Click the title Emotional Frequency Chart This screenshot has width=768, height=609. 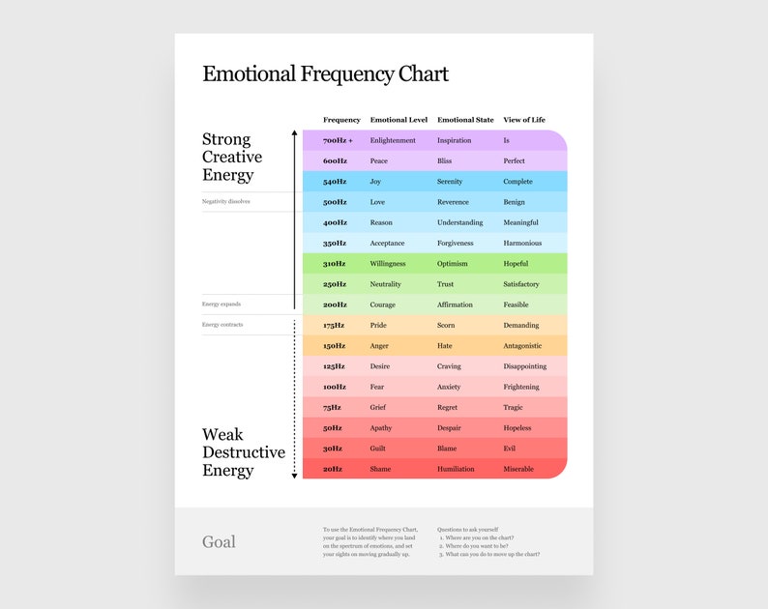point(325,74)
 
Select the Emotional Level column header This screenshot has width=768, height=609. point(399,120)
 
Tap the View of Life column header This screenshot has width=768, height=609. point(524,120)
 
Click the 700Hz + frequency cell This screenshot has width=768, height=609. point(338,140)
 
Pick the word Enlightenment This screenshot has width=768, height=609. point(393,140)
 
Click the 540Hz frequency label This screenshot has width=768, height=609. point(335,182)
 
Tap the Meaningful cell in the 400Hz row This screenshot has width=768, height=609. point(521,222)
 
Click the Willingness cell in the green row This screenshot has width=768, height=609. point(388,264)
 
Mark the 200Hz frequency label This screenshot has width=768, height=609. point(335,304)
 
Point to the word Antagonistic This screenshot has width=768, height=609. point(523,346)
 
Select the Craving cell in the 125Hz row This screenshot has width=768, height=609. point(450,366)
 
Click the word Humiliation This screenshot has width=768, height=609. point(456,469)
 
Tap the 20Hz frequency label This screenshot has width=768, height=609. point(333,469)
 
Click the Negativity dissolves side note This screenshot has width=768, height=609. point(226,202)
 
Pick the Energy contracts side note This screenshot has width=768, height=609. point(222,325)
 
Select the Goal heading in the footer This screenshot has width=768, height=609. point(219,542)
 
